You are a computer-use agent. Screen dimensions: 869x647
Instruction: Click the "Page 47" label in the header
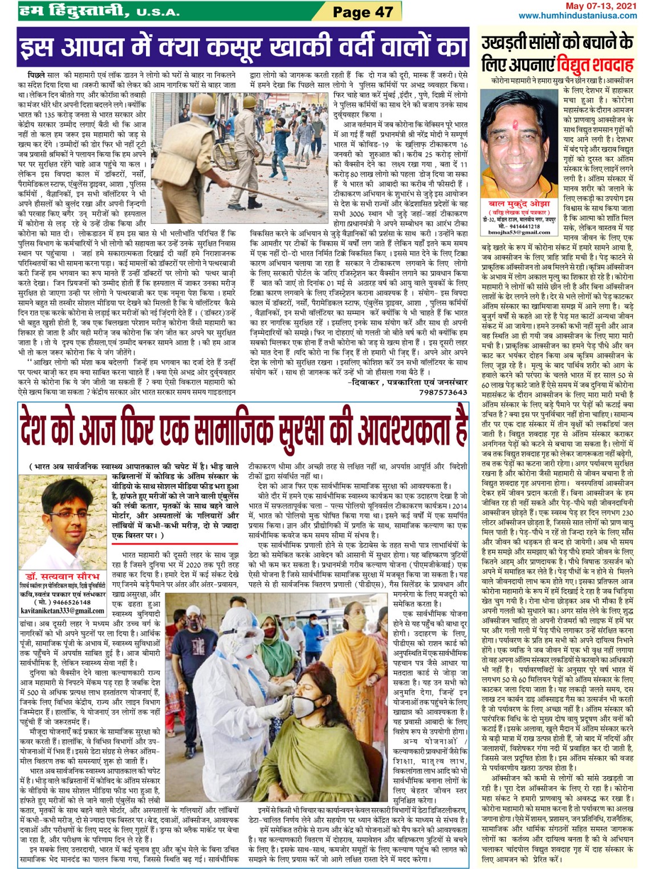pyautogui.click(x=363, y=11)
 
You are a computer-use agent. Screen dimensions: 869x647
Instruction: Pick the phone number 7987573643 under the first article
pyautogui.click(x=443, y=392)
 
